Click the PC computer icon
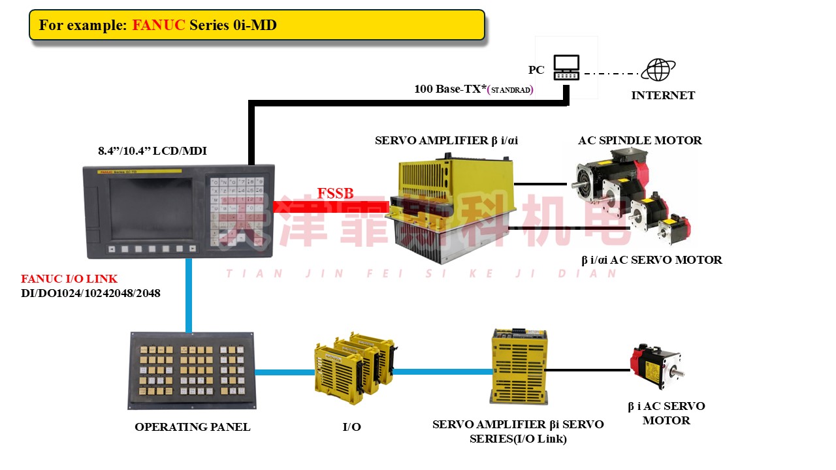(566, 67)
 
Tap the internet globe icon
(658, 70)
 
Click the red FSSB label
(335, 194)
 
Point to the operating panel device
(191, 369)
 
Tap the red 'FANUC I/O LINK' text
(69, 279)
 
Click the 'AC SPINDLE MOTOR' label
(639, 140)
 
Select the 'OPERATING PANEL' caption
(192, 427)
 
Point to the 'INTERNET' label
(663, 95)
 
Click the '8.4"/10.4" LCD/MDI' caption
(152, 151)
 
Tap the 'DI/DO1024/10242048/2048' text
(91, 293)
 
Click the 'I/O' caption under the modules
(351, 427)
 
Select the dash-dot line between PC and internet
(611, 74)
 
